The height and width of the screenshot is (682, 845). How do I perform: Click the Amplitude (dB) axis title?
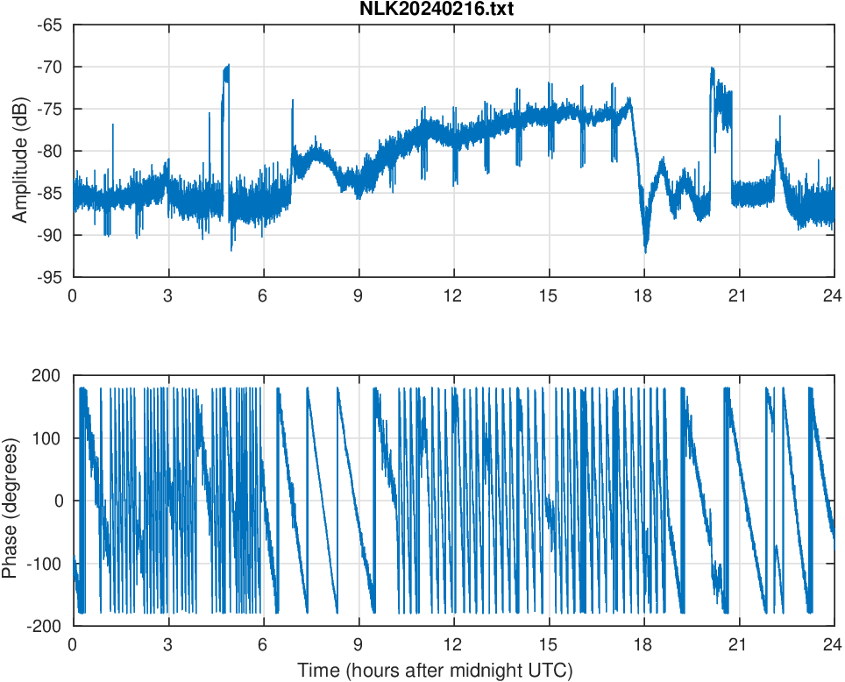click(x=19, y=151)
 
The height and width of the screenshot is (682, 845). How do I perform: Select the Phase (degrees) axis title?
click(x=10, y=501)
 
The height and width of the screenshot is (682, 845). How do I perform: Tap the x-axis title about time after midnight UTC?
click(x=435, y=671)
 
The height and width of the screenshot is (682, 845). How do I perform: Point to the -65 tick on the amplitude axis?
click(x=49, y=25)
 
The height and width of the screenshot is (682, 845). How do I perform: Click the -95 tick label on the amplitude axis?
click(x=49, y=276)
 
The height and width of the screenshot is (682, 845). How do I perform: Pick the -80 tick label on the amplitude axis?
click(x=49, y=151)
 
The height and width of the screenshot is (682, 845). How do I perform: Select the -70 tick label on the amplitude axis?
click(x=49, y=67)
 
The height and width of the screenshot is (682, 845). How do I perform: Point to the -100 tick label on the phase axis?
click(x=46, y=564)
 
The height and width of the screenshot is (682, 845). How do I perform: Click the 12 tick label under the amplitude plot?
click(x=453, y=295)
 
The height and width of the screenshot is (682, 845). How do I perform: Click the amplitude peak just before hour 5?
click(x=226, y=67)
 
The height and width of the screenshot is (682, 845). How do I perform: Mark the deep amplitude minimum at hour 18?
click(x=646, y=251)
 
